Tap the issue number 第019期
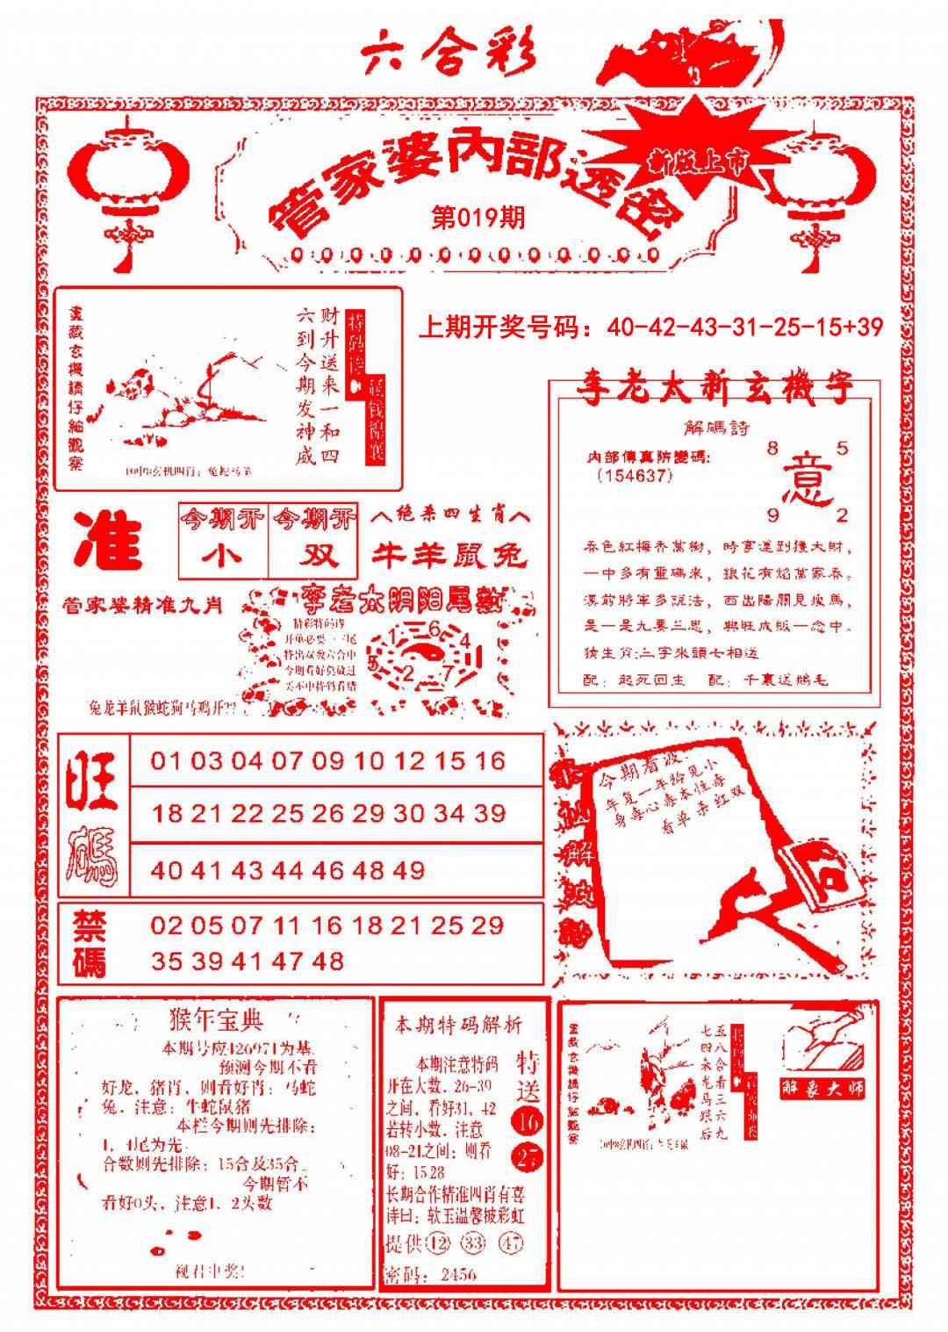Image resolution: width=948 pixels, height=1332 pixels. tap(478, 218)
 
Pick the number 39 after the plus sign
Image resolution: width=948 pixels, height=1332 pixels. tap(866, 328)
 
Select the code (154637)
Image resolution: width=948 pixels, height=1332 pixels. tap(634, 475)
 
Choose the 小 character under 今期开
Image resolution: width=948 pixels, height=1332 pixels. tap(221, 557)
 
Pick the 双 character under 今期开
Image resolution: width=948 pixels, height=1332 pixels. tap(314, 557)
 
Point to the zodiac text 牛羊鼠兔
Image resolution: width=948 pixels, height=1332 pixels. tap(449, 555)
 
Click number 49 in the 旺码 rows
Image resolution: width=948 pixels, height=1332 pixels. tap(409, 870)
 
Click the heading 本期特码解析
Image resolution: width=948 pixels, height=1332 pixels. tap(457, 1025)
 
